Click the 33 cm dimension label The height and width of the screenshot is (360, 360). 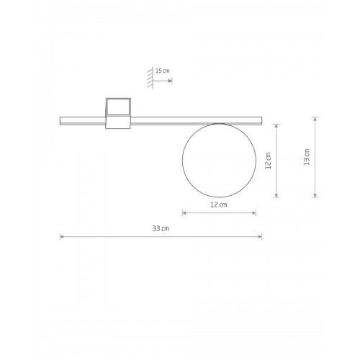pos(161,228)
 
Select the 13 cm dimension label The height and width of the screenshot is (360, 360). pos(307,157)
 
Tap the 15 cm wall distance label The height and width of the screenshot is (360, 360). pos(163,71)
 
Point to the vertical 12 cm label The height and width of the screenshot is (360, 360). pos(268,161)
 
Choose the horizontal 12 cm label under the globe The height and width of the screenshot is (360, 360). pos(219,204)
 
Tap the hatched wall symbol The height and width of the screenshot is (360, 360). pos(150,78)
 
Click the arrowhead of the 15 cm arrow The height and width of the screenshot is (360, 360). pos(170,81)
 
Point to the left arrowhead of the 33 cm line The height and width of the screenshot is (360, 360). pos(62,237)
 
